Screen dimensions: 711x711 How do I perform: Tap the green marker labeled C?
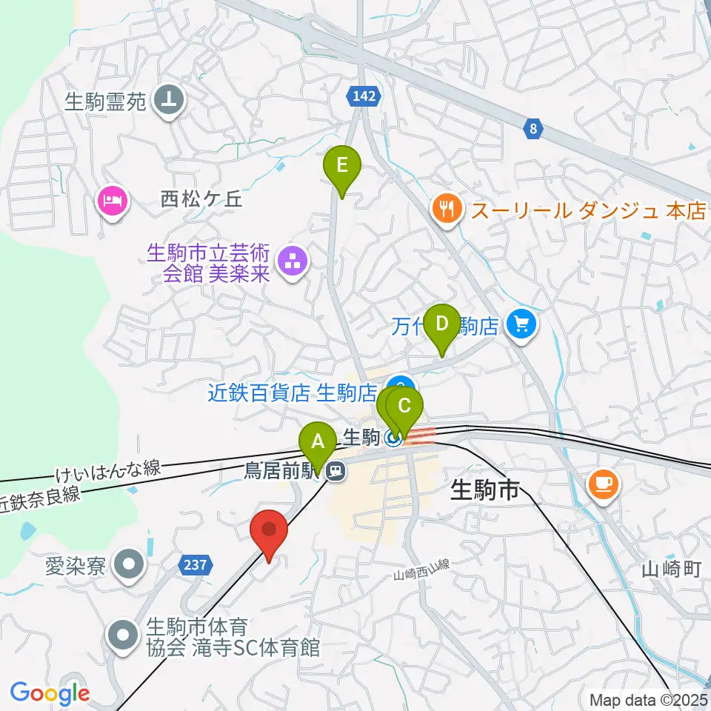[404, 407]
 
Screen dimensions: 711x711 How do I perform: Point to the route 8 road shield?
[533, 129]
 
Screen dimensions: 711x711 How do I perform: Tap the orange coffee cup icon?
[604, 485]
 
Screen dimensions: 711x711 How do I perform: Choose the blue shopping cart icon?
[522, 324]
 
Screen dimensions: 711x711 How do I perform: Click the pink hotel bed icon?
[113, 201]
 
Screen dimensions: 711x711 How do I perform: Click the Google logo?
[50, 694]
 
